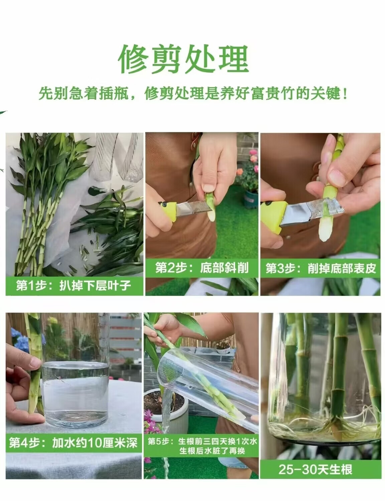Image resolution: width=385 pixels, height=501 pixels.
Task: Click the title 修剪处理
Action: [183, 59]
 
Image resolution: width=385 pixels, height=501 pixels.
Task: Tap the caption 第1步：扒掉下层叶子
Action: [73, 286]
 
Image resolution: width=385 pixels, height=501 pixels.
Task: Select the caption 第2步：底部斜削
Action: [202, 268]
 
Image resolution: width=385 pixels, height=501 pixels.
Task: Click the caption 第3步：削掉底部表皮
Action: [321, 268]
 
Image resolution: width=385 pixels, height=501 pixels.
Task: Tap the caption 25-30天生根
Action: [315, 469]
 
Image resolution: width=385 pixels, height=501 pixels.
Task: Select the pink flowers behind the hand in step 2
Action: [253, 156]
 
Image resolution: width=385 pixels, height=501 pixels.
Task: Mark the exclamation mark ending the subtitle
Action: [345, 94]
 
